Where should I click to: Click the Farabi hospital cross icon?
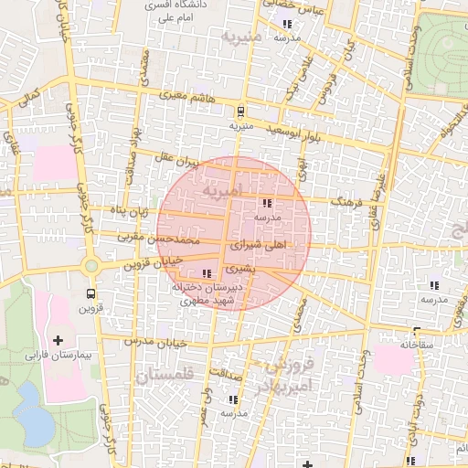tap(59, 340)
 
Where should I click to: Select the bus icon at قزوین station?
tap(90, 294)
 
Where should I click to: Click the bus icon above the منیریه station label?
tap(240, 112)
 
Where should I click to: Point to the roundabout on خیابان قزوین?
tap(90, 266)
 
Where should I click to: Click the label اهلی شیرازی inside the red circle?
tap(261, 246)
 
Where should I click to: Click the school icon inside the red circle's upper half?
tap(267, 204)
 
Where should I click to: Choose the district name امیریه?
tap(224, 194)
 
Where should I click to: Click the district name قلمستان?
tap(165, 375)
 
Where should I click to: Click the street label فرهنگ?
tap(349, 200)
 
